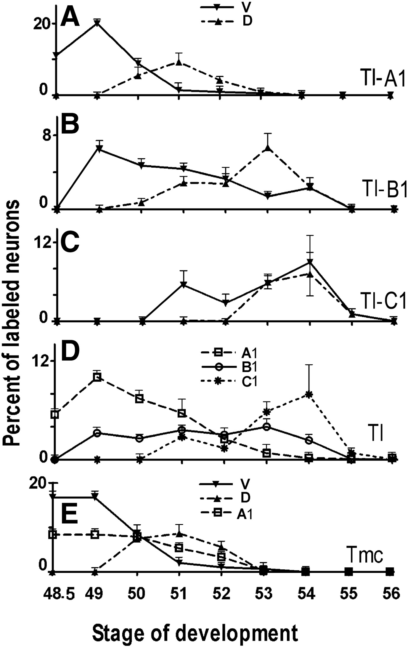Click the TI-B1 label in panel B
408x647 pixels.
coord(384,189)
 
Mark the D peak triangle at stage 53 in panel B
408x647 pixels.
coord(268,148)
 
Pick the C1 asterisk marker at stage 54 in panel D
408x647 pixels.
coord(309,394)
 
